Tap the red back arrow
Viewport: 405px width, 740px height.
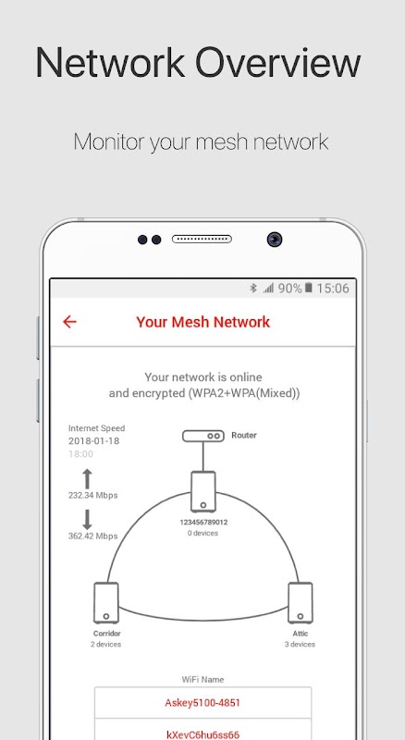[x=69, y=322]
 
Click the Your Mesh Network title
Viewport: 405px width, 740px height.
[x=203, y=322]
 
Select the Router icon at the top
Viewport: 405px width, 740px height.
[x=203, y=436]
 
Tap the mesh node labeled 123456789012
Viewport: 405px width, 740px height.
[x=203, y=491]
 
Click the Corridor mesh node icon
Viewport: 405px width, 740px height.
[x=106, y=603]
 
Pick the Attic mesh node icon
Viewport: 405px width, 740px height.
[x=301, y=603]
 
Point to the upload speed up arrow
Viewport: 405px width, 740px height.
[x=87, y=478]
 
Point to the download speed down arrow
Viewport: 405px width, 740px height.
[x=87, y=519]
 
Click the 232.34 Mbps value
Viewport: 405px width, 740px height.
[x=93, y=496]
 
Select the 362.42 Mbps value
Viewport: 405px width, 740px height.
[x=93, y=536]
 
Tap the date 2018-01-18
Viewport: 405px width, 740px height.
[x=94, y=441]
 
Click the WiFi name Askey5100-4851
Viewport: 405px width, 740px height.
[x=202, y=703]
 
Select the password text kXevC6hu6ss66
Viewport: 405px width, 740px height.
[x=202, y=734]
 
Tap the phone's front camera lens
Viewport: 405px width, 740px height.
[x=275, y=240]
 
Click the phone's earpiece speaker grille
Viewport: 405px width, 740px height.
[x=202, y=240]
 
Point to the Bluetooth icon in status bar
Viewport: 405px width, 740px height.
[x=253, y=288]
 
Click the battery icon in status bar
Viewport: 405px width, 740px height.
[x=308, y=288]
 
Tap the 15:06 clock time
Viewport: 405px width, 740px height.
[x=333, y=288]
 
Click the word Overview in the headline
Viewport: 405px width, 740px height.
[x=277, y=62]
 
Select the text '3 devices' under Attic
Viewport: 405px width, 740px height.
[x=300, y=644]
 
